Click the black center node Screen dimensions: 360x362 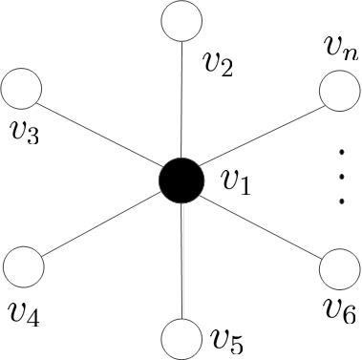tap(180, 180)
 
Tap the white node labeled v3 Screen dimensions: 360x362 tap(22, 91)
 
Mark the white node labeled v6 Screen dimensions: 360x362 tap(337, 266)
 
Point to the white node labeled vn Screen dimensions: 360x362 tap(337, 93)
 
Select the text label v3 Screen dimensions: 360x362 tap(23, 133)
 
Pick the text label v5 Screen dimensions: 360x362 tap(227, 338)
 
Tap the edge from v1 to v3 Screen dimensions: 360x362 tap(100, 135)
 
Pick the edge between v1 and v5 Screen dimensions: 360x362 tap(180, 260)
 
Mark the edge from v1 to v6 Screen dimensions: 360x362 tap(259, 223)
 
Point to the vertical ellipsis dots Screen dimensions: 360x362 tap(341, 178)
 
